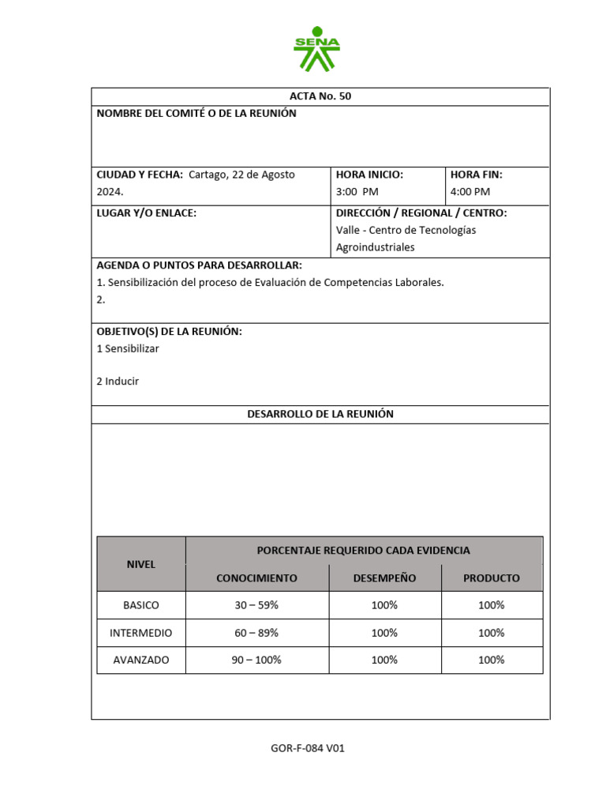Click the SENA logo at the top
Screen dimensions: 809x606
[x=316, y=48]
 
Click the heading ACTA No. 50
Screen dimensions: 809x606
[x=320, y=96]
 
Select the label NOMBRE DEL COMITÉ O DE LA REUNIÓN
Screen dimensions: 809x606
[x=196, y=114]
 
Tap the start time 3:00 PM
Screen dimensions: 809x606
[x=357, y=192]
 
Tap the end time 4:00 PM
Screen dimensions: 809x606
[x=469, y=192]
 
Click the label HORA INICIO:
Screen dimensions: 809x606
[x=369, y=175]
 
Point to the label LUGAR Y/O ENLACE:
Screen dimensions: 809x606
[x=146, y=213]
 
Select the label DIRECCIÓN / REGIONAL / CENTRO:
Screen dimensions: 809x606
[x=421, y=213]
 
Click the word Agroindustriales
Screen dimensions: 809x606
[x=375, y=247]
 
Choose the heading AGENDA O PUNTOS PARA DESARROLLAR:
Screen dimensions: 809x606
[x=199, y=265]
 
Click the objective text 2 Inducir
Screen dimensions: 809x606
[x=118, y=382]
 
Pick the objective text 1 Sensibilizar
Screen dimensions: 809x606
[x=128, y=348]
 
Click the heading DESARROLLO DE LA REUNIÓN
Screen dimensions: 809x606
[x=320, y=414]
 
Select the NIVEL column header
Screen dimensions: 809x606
[x=141, y=564]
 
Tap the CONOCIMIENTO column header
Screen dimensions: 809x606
[x=256, y=578]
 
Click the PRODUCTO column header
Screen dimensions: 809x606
[x=491, y=578]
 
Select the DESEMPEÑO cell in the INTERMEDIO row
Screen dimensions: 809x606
[x=384, y=633]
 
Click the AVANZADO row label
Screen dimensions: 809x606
[x=141, y=660]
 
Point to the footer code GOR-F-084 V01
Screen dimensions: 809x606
[x=308, y=749]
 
